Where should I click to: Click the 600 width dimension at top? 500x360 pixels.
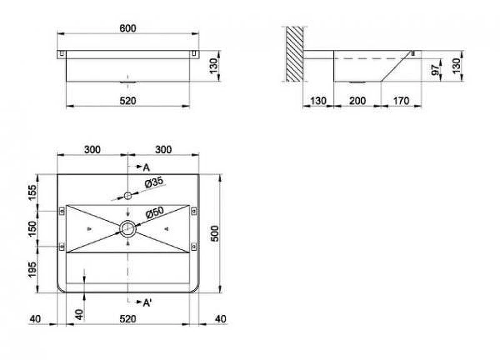tap(128, 28)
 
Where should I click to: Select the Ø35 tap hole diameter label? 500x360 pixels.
tap(154, 182)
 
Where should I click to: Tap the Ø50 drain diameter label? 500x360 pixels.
tap(154, 212)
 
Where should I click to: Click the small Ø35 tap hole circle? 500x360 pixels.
tap(128, 196)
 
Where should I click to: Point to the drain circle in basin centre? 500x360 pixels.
tap(128, 229)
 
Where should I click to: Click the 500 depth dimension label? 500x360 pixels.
tap(215, 233)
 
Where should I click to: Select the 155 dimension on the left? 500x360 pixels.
tap(32, 192)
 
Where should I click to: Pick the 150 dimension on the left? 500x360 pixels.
tap(32, 229)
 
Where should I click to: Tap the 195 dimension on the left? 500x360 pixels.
tap(32, 269)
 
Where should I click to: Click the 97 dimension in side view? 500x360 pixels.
tap(435, 70)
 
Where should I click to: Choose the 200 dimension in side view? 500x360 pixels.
tap(357, 101)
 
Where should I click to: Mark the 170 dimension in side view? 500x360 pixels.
tap(401, 101)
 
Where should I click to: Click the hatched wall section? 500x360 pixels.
tap(294, 54)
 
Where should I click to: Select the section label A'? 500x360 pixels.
tap(147, 302)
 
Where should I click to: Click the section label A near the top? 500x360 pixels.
tap(146, 167)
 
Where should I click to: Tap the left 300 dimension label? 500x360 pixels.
tap(92, 149)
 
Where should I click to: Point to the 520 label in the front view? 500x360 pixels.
tap(128, 101)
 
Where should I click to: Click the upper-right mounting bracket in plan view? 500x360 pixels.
tap(194, 211)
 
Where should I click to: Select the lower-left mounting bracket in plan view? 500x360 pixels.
tap(62, 246)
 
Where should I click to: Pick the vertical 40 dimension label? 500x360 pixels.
tap(79, 315)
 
